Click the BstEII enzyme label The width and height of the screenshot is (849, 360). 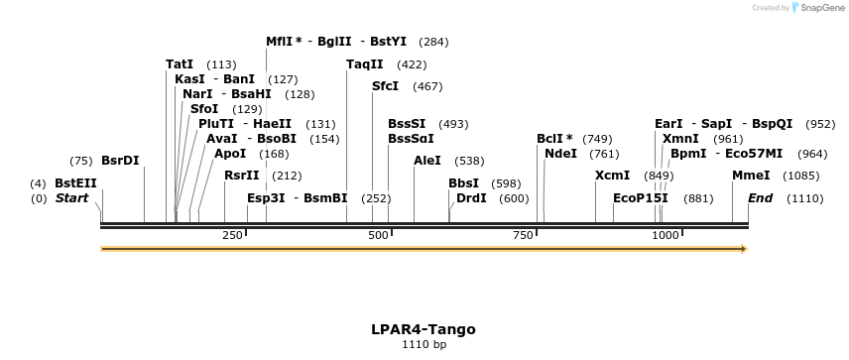75,183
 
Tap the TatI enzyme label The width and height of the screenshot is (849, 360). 180,64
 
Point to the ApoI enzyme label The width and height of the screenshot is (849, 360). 230,154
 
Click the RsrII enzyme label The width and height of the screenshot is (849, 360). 241,176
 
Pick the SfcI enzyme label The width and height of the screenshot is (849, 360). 385,86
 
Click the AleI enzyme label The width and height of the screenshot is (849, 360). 427,161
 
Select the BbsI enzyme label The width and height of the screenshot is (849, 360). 463,183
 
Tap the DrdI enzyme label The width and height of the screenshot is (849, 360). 471,198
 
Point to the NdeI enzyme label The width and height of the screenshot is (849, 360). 560,154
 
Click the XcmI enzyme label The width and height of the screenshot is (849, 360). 612,176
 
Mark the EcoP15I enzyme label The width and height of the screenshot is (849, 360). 641,198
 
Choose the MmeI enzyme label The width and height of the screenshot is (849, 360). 751,176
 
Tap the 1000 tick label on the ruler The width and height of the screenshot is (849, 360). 665,235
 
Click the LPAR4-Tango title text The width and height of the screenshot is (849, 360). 424,329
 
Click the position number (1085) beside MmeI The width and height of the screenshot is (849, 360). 801,176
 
